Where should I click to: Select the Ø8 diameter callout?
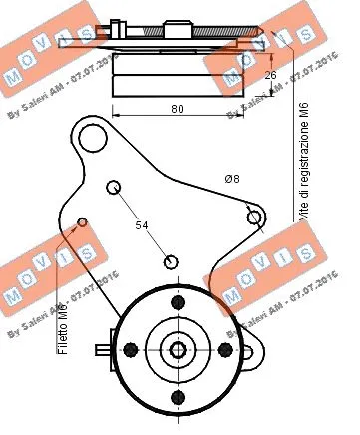(230, 179)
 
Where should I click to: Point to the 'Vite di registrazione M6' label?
(300, 149)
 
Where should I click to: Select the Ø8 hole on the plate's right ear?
(255, 217)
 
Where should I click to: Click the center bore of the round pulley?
(178, 349)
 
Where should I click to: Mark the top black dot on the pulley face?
(178, 302)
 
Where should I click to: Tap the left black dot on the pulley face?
(131, 349)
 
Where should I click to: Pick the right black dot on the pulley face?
(224, 349)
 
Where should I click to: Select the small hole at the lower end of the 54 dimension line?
(172, 261)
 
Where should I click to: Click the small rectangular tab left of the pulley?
(105, 349)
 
